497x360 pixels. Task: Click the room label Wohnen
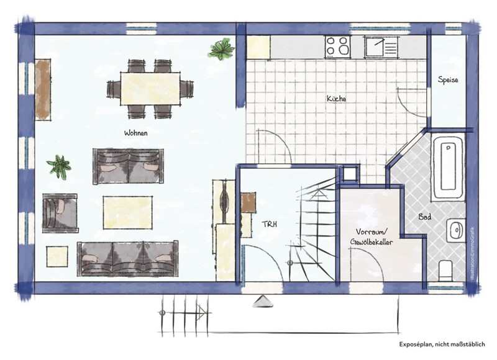pyautogui.click(x=135, y=133)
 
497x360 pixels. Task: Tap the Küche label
pyautogui.click(x=336, y=99)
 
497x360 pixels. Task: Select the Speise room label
pyautogui.click(x=448, y=80)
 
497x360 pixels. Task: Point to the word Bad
pyautogui.click(x=425, y=217)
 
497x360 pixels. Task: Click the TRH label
pyautogui.click(x=269, y=224)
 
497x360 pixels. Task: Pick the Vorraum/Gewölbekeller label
pyautogui.click(x=372, y=237)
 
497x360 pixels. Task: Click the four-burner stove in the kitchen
pyautogui.click(x=338, y=47)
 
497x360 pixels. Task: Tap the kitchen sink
pyautogui.click(x=381, y=47)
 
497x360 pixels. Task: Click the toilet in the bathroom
pyautogui.click(x=445, y=271)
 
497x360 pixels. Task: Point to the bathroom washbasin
pyautogui.click(x=456, y=230)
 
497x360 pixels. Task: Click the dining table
pyautogui.click(x=150, y=89)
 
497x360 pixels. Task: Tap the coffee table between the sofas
pyautogui.click(x=127, y=212)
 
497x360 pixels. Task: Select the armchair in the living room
pyautogui.click(x=60, y=213)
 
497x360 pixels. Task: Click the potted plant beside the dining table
pyautogui.click(x=222, y=49)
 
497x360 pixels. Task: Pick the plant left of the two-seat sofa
pyautogui.click(x=59, y=167)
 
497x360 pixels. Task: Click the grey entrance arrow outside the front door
pyautogui.click(x=263, y=301)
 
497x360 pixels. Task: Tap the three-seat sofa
pyautogui.click(x=127, y=258)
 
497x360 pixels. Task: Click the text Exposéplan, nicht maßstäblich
pyautogui.click(x=442, y=344)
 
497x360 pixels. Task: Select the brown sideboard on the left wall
pyautogui.click(x=43, y=89)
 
